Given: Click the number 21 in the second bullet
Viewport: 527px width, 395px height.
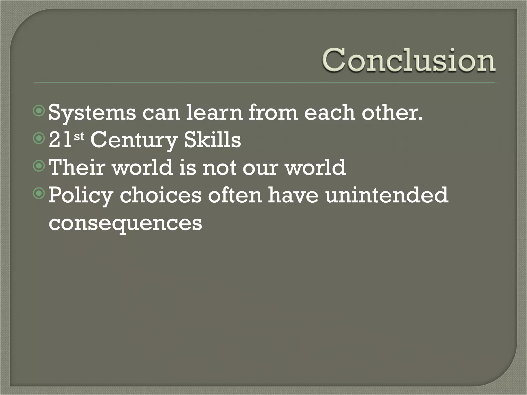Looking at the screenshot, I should [60, 140].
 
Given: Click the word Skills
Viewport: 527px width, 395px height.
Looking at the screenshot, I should [213, 140].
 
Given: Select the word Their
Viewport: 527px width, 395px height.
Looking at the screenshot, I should [77, 168].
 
